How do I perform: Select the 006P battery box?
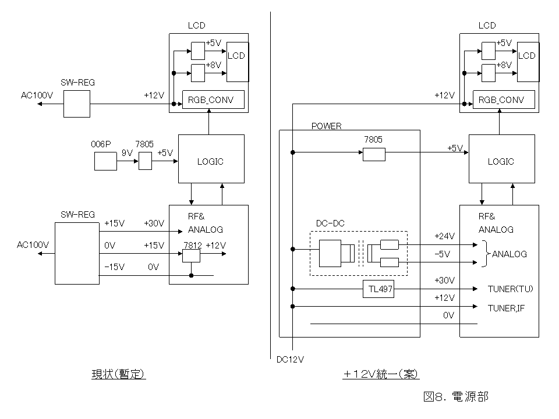[x=105, y=162]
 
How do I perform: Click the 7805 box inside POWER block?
[x=374, y=154]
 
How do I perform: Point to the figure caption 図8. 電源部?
[x=455, y=397]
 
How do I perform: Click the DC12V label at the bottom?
[x=290, y=359]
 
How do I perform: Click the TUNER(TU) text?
[x=510, y=289]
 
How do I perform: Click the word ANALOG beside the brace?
[x=510, y=254]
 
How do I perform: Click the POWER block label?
[x=327, y=126]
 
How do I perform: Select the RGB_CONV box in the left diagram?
[x=210, y=100]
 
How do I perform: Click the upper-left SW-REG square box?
[x=77, y=105]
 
